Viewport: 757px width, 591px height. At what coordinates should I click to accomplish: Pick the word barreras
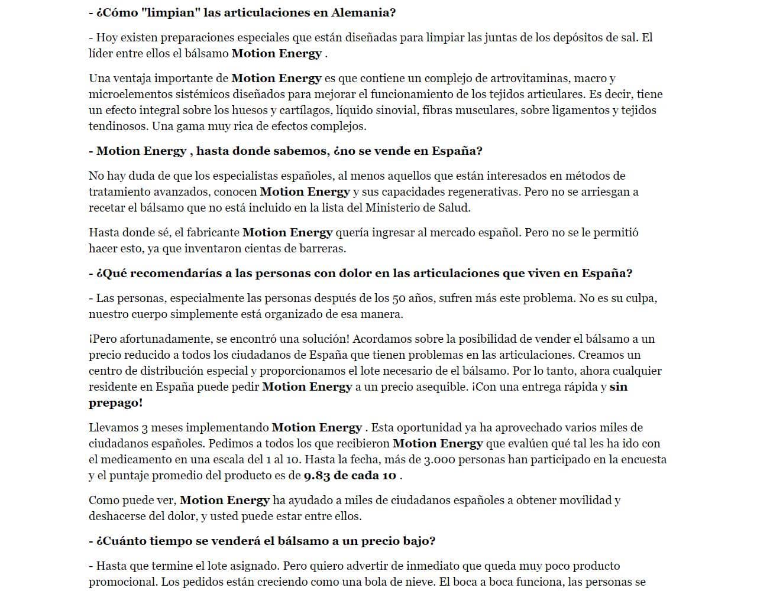(323, 248)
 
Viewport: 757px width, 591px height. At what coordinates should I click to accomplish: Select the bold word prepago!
(116, 402)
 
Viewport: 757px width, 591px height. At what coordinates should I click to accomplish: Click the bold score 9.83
(317, 475)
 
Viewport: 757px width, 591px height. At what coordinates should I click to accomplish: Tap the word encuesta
(642, 459)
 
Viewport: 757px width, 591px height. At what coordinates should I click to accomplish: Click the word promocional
(122, 582)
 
